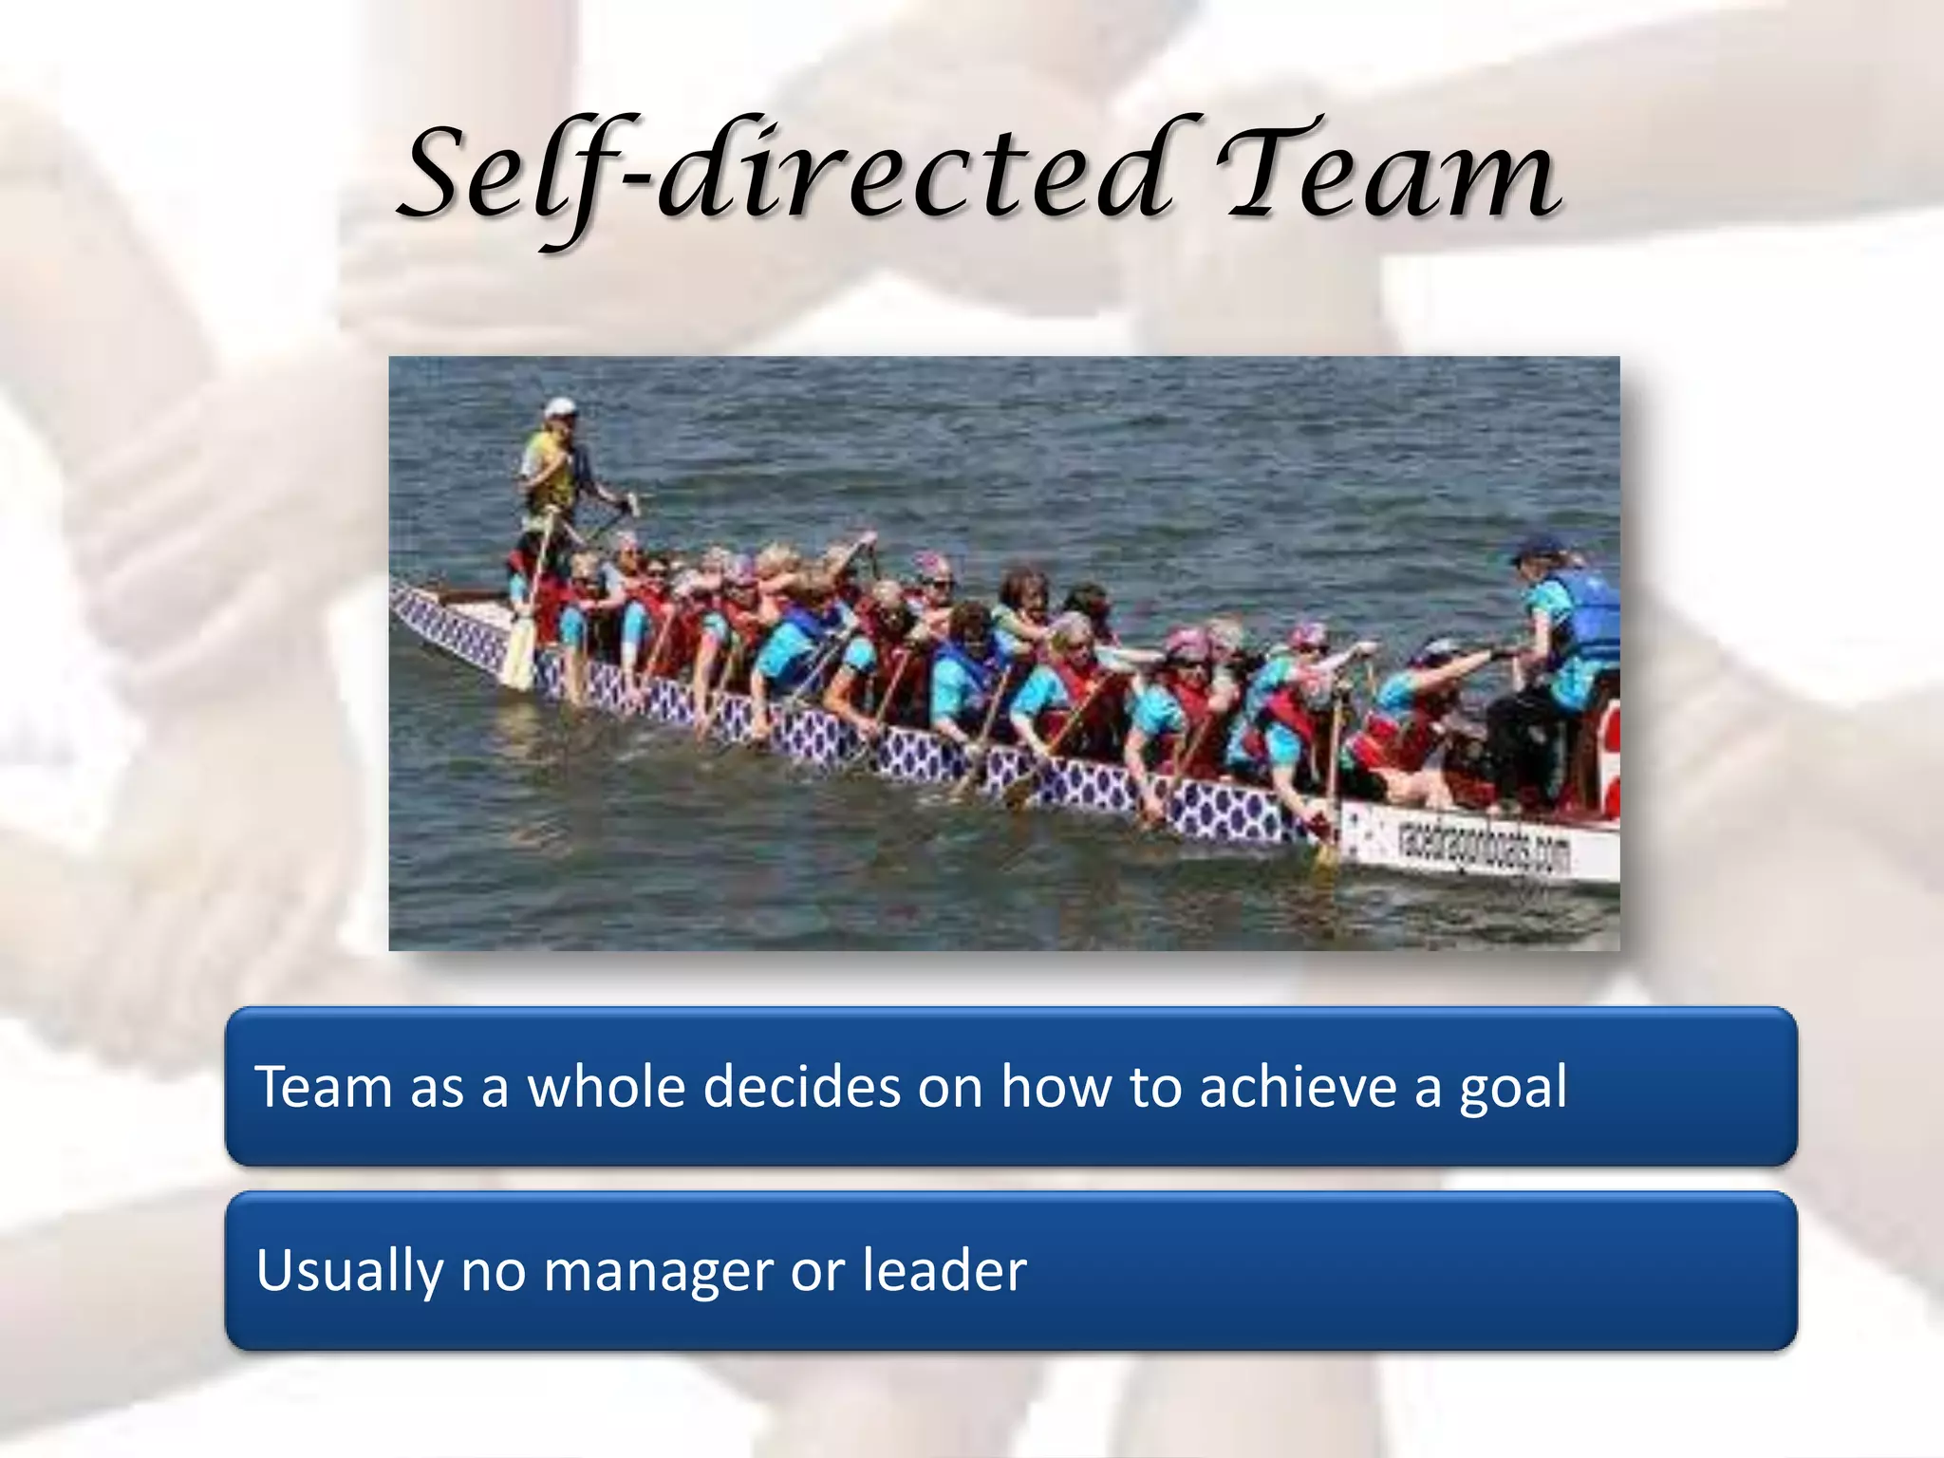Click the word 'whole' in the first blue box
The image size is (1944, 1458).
click(606, 1087)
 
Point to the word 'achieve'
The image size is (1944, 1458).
click(1298, 1087)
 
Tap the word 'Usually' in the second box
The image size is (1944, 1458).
click(348, 1272)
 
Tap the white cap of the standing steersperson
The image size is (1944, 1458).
click(560, 408)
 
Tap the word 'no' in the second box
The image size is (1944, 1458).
click(493, 1272)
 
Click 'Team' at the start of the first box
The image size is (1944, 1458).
click(323, 1087)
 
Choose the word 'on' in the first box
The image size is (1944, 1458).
click(949, 1087)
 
